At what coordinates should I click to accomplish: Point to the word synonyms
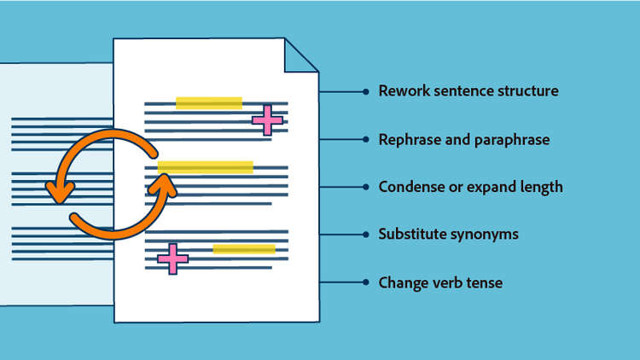(486, 234)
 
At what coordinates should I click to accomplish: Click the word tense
(482, 282)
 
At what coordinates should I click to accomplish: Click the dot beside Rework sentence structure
(365, 90)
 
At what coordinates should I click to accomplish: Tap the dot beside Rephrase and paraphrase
(365, 138)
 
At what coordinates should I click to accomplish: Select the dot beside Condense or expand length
(365, 186)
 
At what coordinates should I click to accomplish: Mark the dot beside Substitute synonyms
(365, 234)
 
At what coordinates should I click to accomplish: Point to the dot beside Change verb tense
(365, 282)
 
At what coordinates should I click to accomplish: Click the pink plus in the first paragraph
(267, 120)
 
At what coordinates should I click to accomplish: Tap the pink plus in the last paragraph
(172, 258)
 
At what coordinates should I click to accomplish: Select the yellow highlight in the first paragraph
(208, 103)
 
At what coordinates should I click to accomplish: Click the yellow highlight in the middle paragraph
(205, 166)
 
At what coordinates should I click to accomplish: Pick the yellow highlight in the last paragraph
(244, 249)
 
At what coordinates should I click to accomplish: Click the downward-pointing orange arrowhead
(59, 194)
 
